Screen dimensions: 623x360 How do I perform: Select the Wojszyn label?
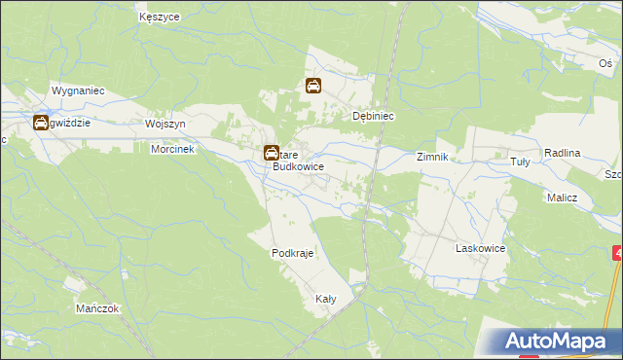165,125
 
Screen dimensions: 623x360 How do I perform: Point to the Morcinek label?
173,150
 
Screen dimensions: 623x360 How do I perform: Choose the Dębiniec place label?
372,115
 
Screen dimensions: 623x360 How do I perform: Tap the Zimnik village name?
431,157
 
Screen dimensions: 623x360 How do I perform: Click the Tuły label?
521,162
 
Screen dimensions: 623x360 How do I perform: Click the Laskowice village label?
480,248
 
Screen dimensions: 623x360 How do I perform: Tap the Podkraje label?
290,253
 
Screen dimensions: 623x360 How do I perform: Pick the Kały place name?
324,300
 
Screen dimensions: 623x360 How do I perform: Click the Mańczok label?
96,307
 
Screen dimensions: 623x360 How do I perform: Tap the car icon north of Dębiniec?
313,86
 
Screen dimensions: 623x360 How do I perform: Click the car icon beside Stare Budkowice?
271,154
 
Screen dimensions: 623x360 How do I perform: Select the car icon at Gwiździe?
40,123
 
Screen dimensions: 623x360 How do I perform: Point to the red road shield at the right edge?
618,253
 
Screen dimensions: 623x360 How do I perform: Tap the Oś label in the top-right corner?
605,62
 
